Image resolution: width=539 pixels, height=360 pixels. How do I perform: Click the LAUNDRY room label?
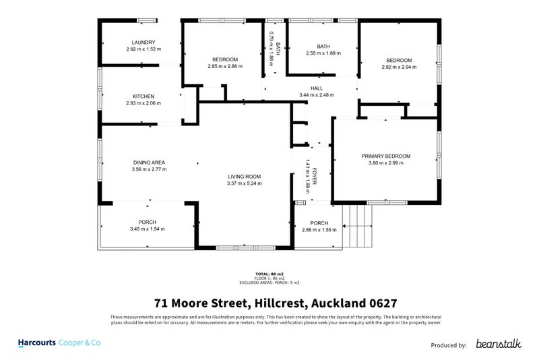[144, 42]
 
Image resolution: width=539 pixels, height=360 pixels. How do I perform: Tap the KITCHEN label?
[144, 96]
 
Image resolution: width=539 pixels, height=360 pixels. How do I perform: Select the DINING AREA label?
[149, 162]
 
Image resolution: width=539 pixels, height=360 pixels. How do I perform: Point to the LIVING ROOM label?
[244, 176]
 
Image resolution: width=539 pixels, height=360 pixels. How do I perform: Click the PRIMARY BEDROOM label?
[385, 156]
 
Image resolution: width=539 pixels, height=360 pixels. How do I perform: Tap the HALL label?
[316, 88]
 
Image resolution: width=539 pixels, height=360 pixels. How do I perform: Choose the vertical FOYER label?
[314, 177]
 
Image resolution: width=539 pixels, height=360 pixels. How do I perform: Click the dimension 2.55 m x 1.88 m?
[323, 53]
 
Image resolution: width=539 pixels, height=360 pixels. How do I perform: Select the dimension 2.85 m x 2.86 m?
[222, 67]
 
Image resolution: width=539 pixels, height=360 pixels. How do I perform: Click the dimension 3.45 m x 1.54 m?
[147, 229]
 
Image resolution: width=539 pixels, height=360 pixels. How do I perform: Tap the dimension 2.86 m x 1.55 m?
[319, 230]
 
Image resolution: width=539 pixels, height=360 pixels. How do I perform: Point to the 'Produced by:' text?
[448, 344]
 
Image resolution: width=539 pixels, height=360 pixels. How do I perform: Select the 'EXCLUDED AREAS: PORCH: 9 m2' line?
[269, 282]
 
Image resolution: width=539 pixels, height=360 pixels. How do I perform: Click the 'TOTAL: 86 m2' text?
[269, 274]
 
